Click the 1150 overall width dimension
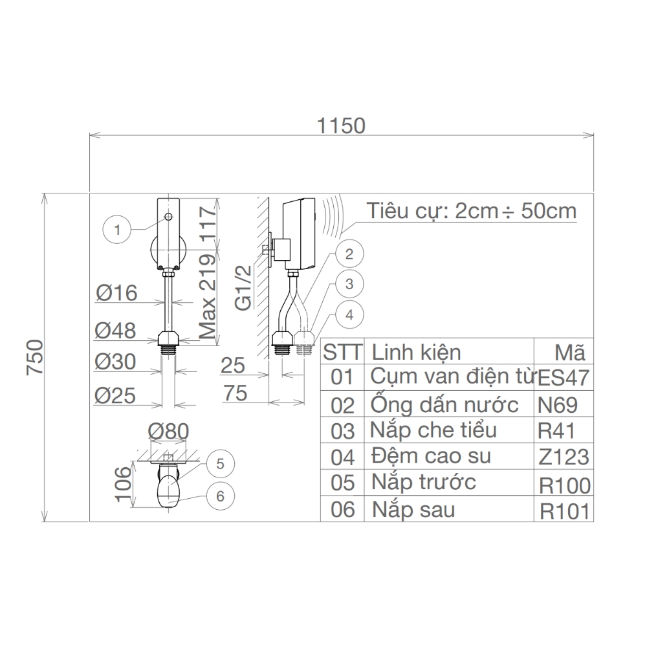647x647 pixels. tap(341, 126)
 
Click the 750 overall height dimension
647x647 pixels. tap(35, 357)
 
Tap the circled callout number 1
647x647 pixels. tap(116, 230)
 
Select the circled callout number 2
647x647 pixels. tap(349, 254)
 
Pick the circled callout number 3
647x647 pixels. tap(349, 284)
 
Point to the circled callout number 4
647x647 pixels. tap(349, 315)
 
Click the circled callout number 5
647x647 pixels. tap(220, 464)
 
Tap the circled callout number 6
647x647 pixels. tap(220, 496)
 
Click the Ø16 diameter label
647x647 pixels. tap(116, 293)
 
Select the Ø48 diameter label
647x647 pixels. tap(116, 331)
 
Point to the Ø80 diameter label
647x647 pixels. tap(168, 431)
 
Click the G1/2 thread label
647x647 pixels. tap(243, 288)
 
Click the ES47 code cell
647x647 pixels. tap(564, 378)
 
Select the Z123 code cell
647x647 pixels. tap(564, 457)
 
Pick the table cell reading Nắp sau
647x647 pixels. tap(413, 510)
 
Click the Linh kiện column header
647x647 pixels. tap(416, 353)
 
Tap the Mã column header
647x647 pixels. tap(570, 353)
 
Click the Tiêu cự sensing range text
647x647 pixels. tap(472, 212)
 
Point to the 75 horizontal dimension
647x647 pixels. tap(236, 393)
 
